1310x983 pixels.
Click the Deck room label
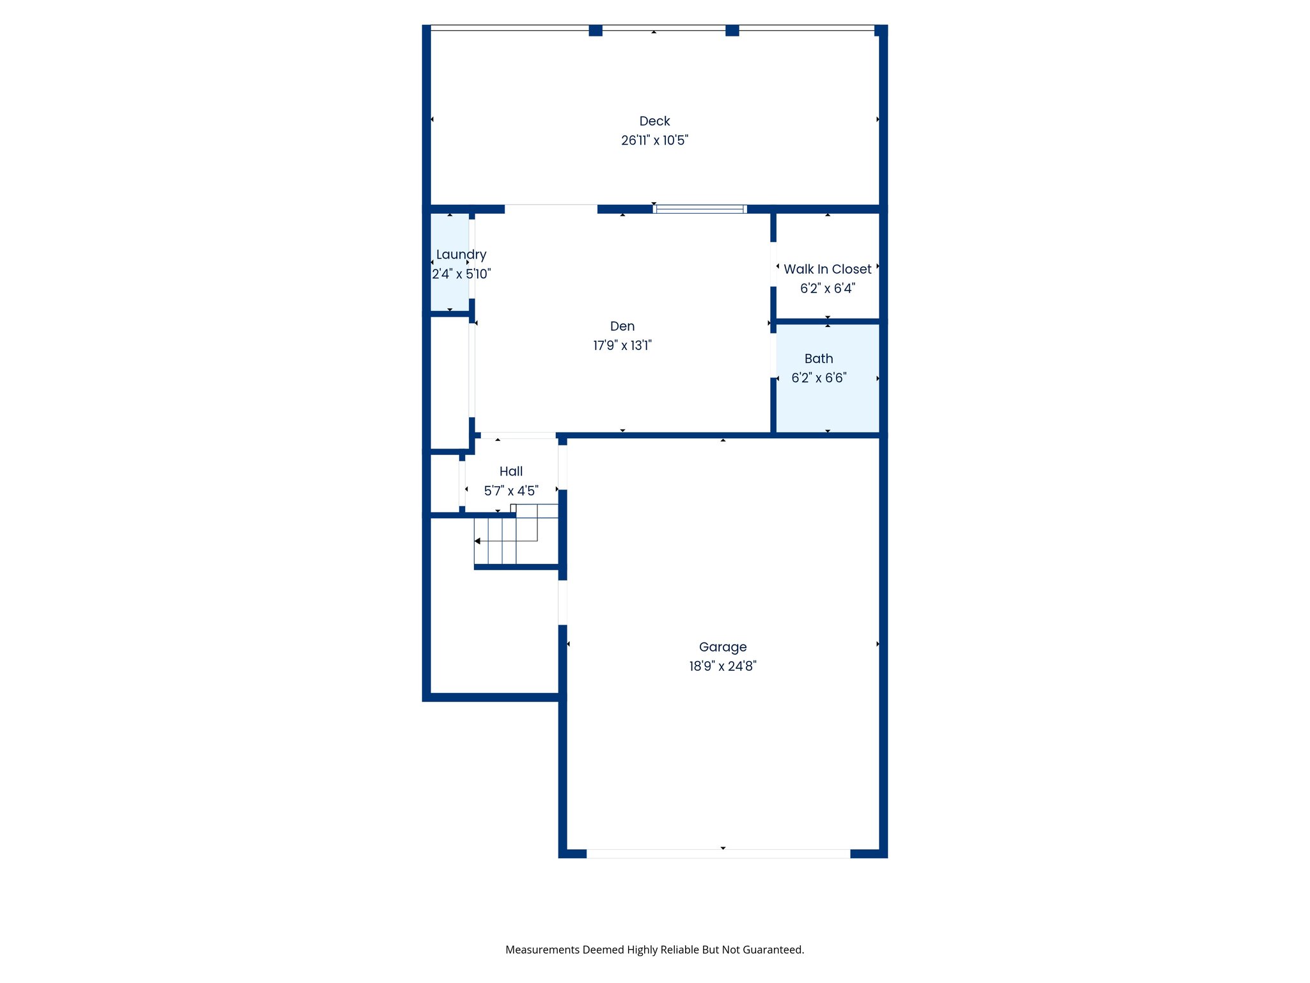654,121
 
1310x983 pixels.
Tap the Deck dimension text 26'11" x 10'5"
654,140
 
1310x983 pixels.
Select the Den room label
622,326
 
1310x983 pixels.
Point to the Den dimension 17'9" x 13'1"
622,346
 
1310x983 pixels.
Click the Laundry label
461,255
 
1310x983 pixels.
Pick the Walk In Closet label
827,269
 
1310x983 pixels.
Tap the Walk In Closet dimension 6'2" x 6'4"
827,289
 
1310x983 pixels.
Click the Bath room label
818,359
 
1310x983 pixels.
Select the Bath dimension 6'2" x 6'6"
818,378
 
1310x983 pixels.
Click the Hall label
510,472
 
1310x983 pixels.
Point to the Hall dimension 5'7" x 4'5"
510,491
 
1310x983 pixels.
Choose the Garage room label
722,647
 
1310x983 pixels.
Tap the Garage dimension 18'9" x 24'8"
722,666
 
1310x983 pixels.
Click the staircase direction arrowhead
477,541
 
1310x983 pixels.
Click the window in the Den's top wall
700,209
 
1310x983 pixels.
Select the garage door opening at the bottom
718,854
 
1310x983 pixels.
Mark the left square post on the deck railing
595,31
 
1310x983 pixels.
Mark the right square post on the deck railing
732,31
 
